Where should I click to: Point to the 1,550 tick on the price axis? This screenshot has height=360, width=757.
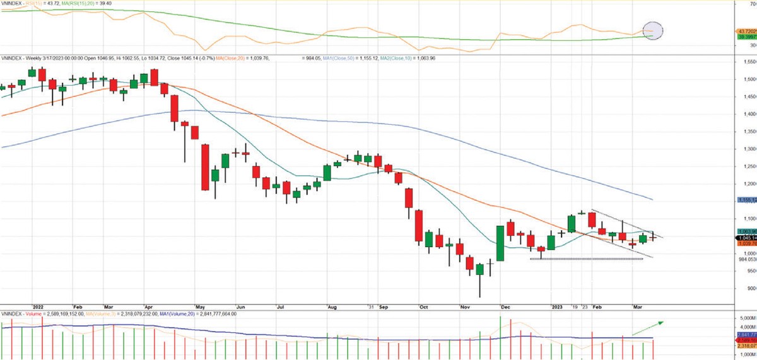coord(748,62)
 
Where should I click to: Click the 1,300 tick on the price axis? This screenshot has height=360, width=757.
coord(748,149)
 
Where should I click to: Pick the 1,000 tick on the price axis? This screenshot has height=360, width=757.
coord(748,254)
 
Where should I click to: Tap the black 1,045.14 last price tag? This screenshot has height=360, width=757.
coord(746,238)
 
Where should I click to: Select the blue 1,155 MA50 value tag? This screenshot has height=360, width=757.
coord(746,200)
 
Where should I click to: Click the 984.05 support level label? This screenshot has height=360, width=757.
coord(746,259)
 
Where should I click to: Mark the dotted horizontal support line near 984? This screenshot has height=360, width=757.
coord(587,259)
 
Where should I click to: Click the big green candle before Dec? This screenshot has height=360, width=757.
coord(500,243)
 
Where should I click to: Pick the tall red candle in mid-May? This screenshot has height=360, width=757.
coord(205,167)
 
